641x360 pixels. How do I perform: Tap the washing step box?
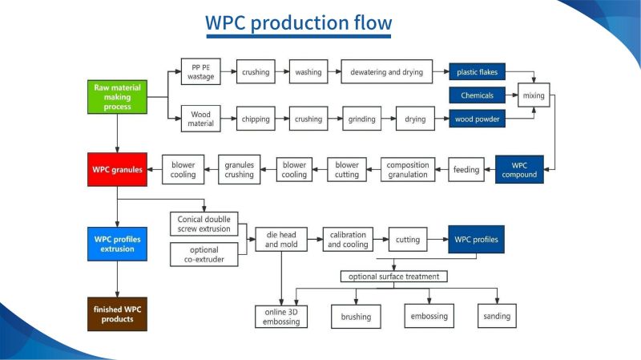point(308,71)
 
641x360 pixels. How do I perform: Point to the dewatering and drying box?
point(386,71)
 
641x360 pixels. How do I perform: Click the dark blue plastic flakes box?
point(478,71)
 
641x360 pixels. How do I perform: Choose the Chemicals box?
point(478,95)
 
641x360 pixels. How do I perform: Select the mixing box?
point(534,95)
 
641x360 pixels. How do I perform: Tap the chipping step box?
point(256,119)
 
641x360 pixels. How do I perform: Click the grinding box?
point(361,119)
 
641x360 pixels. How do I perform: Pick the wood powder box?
point(478,119)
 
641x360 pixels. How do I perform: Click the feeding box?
point(466,170)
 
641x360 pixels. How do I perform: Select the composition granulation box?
point(407,170)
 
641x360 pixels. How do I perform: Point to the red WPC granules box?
point(118,170)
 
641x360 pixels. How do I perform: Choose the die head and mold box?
point(281,239)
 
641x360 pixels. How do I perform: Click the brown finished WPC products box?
point(118,315)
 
